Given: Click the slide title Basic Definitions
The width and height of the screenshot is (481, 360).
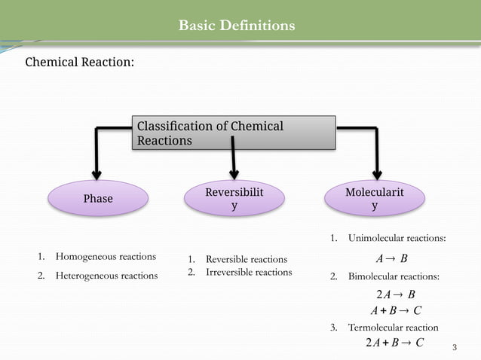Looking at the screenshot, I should coord(237,26).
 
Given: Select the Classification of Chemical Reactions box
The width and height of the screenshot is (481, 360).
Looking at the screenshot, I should coord(234,133).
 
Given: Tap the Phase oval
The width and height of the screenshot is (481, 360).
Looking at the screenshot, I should coord(98,199).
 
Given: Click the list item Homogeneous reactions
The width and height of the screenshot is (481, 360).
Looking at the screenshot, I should coord(106,257).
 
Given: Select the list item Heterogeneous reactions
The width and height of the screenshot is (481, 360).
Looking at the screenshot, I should coord(106,276).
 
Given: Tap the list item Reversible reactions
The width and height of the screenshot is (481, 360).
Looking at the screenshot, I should coord(247,260).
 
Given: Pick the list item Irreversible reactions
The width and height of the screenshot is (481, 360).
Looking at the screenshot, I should coord(249,272).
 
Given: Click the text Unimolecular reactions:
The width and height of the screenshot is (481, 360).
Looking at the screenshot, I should coord(397,239).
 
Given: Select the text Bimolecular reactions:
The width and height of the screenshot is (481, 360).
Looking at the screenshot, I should coord(394,277).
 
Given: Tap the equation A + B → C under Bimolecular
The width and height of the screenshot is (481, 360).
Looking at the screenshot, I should coord(396,310).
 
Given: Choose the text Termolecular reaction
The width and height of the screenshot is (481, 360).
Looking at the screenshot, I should coord(393,328).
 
